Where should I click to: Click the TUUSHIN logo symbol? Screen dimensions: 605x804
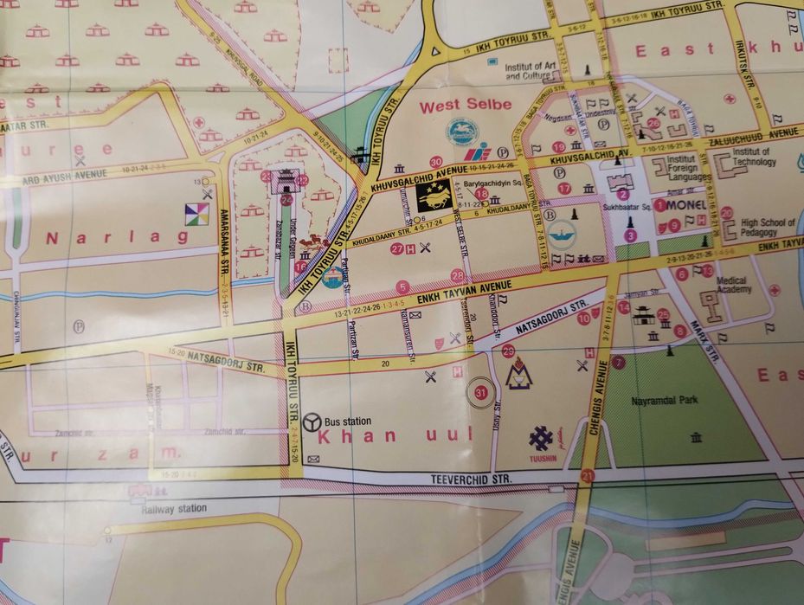coord(542,439)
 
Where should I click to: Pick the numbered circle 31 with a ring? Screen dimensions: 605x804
coord(482,392)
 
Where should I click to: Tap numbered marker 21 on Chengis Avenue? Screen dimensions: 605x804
coord(589,475)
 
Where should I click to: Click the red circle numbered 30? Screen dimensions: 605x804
coord(435,161)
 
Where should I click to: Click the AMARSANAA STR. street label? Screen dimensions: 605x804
coord(222,239)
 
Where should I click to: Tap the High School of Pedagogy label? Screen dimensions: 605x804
coord(767,228)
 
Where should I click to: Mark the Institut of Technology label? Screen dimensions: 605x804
coord(752,157)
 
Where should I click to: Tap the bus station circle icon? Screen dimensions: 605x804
coord(312,422)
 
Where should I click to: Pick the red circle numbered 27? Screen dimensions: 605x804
coord(396,249)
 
